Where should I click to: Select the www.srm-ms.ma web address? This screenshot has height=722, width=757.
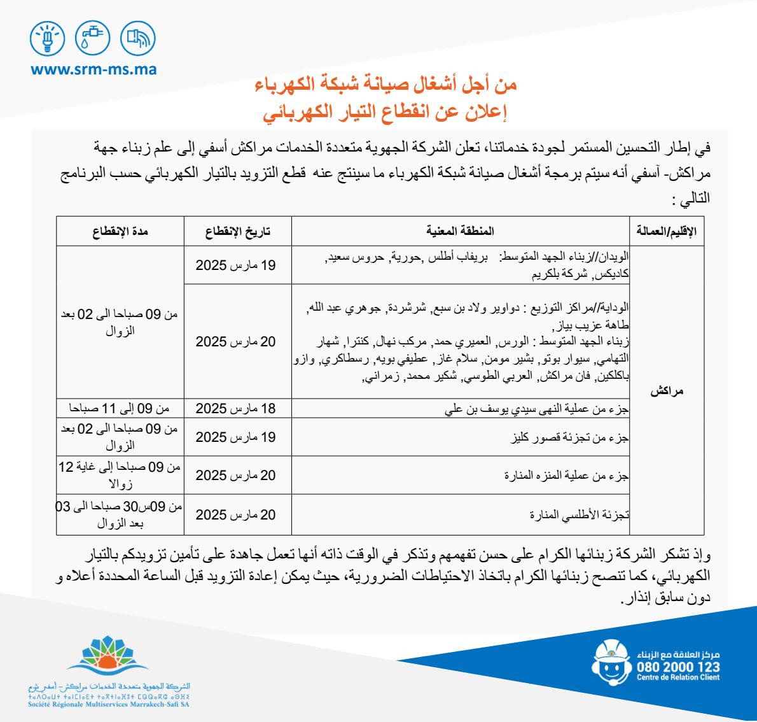[93, 69]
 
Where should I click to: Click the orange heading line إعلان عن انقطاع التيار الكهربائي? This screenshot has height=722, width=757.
[385, 113]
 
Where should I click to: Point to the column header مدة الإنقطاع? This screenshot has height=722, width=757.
[120, 231]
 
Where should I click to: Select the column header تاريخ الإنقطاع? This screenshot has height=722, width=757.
[237, 231]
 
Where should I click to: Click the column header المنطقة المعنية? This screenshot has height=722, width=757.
[459, 231]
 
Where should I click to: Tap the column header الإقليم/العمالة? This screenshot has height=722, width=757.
[666, 231]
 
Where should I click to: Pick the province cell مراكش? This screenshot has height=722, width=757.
[666, 391]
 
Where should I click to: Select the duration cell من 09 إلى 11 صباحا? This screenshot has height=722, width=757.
[120, 409]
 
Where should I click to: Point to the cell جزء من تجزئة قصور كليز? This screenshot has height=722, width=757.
[570, 438]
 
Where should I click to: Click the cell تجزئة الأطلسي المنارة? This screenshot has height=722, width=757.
[579, 514]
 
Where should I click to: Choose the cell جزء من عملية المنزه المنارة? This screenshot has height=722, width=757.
[566, 476]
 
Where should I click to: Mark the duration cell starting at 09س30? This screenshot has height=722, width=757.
[120, 515]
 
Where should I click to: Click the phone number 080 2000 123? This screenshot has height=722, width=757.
[678, 667]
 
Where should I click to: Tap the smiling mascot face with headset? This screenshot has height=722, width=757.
[611, 663]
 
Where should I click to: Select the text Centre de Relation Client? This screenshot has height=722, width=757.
[678, 678]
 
